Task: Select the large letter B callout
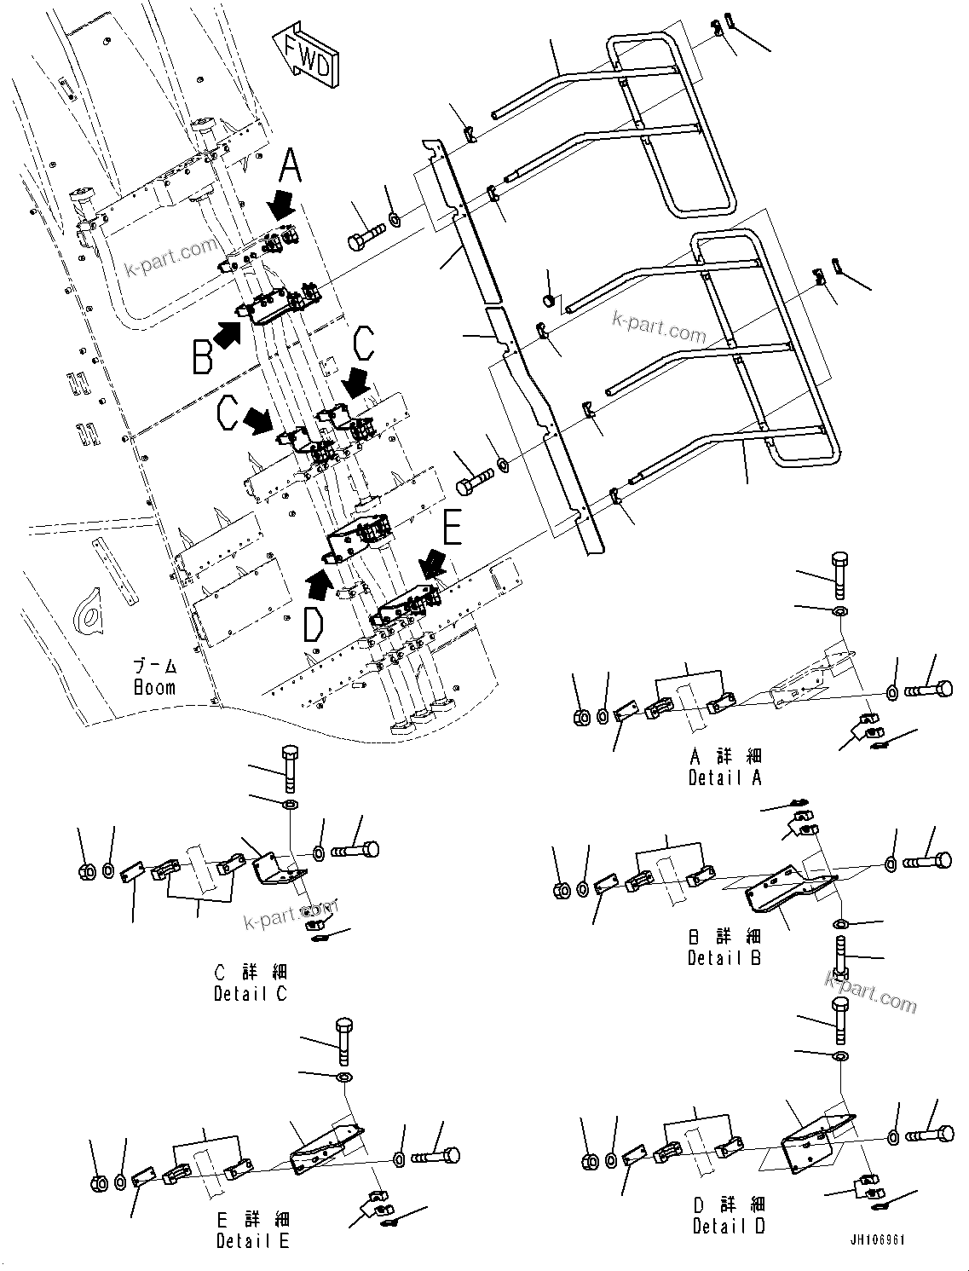pyautogui.click(x=202, y=356)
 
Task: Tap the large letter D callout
pyautogui.click(x=313, y=624)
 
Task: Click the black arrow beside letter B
pyautogui.click(x=226, y=335)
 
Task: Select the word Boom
pyautogui.click(x=154, y=687)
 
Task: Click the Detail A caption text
pyautogui.click(x=724, y=777)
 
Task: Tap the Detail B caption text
pyautogui.click(x=724, y=957)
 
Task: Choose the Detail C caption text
pyautogui.click(x=251, y=993)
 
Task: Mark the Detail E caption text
pyautogui.click(x=252, y=1240)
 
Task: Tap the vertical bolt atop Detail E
pyautogui.click(x=344, y=1040)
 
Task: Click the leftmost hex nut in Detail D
pyautogui.click(x=588, y=1161)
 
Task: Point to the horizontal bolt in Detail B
pyautogui.click(x=927, y=862)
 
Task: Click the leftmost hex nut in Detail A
pyautogui.click(x=580, y=717)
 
